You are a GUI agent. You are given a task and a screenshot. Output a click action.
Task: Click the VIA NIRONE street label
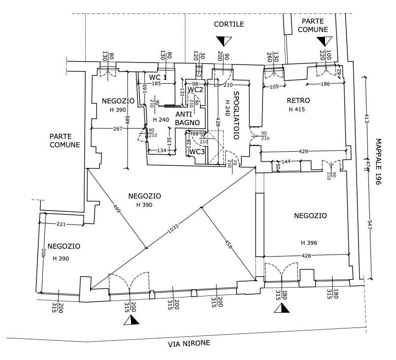[x=190, y=344]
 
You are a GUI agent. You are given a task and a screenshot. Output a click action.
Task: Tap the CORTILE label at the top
[x=229, y=24]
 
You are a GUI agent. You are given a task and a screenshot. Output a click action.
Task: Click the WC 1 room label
[x=158, y=77]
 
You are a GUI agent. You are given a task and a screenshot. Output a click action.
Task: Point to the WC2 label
[x=196, y=90]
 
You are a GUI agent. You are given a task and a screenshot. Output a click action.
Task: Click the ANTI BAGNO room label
[x=187, y=118]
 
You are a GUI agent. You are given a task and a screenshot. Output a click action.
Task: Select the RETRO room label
[x=297, y=101]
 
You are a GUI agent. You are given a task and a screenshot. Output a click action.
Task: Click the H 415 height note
[x=297, y=109]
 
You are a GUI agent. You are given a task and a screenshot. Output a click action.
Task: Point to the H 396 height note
[x=309, y=243]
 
